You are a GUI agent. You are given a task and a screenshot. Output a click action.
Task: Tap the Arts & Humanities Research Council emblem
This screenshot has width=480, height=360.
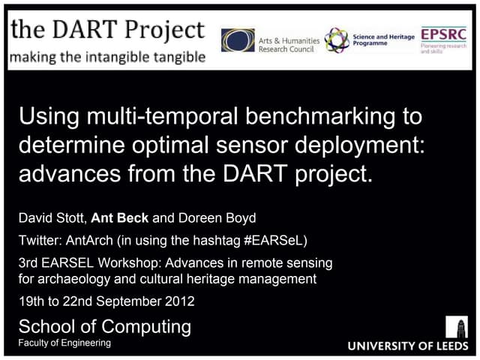click(x=238, y=40)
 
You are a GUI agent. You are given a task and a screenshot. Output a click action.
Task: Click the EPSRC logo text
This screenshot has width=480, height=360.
click(x=442, y=34)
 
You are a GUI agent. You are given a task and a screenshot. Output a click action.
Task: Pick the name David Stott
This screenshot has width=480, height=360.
click(x=52, y=218)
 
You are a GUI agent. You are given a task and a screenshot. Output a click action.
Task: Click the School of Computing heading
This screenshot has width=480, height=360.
click(x=104, y=326)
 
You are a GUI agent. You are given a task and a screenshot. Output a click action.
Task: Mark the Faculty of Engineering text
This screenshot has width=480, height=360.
click(x=64, y=343)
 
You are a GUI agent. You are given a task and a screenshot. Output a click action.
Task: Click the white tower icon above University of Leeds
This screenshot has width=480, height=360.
click(x=457, y=327)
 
